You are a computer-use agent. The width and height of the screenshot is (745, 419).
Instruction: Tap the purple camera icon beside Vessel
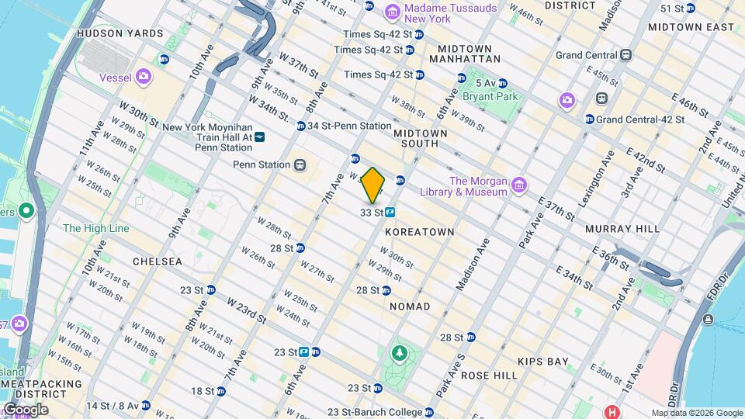[143, 76]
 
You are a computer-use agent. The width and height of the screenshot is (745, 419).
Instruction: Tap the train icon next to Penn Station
[298, 164]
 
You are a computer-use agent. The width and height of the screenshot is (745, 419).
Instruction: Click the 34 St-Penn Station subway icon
[300, 126]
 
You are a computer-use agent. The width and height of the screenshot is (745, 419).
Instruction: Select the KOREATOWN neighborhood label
[419, 232]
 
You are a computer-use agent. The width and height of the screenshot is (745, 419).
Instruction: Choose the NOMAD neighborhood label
[410, 306]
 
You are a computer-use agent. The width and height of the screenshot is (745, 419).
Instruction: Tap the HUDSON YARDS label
[120, 33]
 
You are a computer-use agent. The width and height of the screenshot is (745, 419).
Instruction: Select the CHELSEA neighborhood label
[158, 261]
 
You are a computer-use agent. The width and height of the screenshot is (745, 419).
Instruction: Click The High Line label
[96, 228]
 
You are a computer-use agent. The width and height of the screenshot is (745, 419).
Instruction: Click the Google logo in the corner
[26, 409]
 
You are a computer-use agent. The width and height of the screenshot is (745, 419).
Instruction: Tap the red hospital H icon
[613, 411]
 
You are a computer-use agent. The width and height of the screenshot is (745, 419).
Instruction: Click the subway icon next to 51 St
[690, 9]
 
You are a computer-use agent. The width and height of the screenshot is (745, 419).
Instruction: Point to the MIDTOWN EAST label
[691, 27]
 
